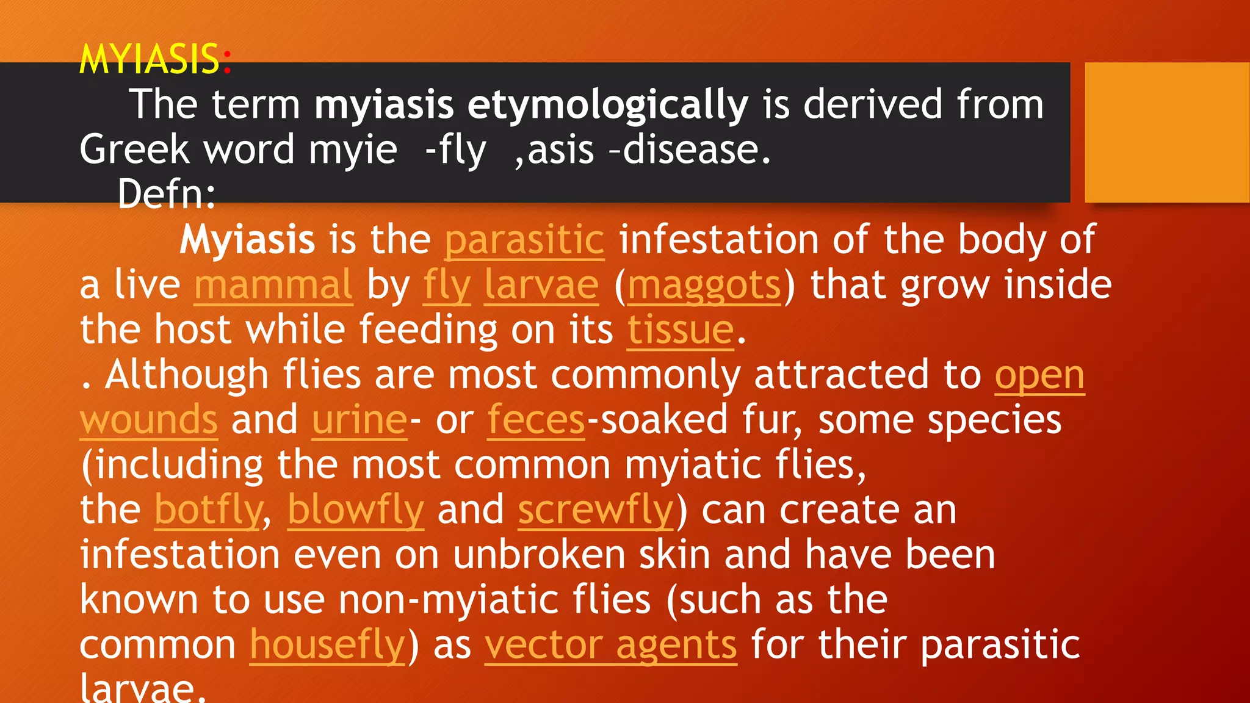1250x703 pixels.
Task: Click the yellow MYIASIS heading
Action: click(x=150, y=59)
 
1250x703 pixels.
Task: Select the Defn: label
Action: click(x=166, y=194)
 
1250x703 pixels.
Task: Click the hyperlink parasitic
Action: click(x=524, y=240)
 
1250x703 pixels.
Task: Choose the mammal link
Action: click(x=273, y=285)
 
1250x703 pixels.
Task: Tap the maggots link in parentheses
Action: click(x=704, y=285)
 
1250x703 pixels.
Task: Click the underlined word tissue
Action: click(x=681, y=330)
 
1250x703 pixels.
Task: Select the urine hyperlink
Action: click(x=359, y=420)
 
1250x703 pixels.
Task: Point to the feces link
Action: click(x=536, y=420)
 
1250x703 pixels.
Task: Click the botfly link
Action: click(x=208, y=510)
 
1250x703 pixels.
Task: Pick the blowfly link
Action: click(x=355, y=510)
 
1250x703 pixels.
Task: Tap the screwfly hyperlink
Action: click(x=596, y=510)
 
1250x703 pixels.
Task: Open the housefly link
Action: click(x=327, y=645)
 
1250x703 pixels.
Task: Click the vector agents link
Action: click(x=611, y=645)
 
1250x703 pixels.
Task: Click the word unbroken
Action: click(x=539, y=555)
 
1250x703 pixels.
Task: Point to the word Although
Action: click(x=187, y=375)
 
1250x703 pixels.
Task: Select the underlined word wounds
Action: click(x=148, y=420)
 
